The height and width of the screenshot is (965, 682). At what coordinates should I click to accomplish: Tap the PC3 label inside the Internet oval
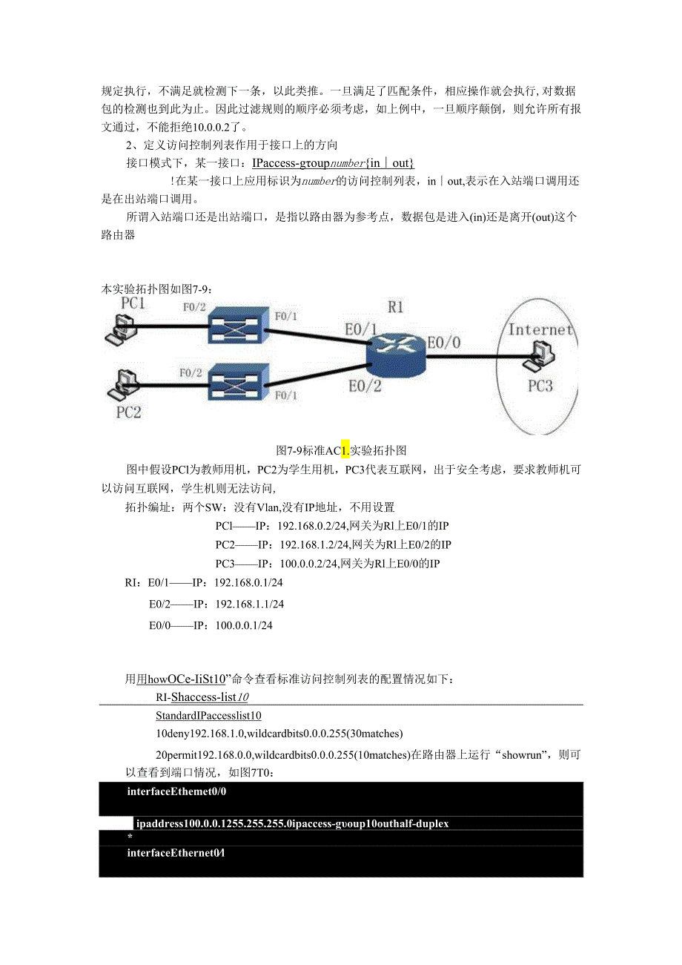[540, 386]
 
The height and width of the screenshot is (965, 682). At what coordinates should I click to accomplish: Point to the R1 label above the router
[396, 307]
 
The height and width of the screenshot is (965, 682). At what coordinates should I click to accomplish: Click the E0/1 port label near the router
[361, 329]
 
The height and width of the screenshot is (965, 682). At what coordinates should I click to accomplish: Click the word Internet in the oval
[540, 329]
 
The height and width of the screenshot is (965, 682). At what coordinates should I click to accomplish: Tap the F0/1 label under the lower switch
[285, 395]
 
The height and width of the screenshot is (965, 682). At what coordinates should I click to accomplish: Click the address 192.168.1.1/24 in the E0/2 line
[249, 605]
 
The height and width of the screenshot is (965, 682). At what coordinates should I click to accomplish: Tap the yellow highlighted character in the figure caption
[345, 450]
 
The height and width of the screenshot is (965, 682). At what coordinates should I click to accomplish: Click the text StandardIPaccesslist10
[208, 716]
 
